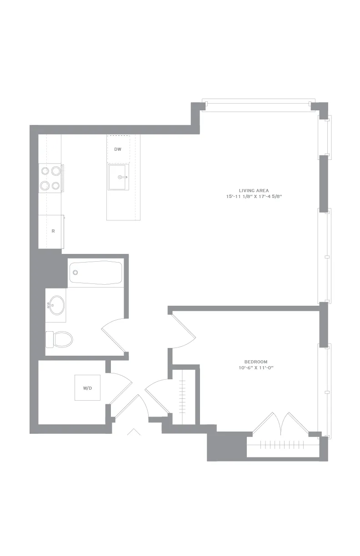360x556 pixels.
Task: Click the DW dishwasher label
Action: (x=118, y=149)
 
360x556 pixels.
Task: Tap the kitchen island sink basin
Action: (x=119, y=177)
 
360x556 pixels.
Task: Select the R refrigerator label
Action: (x=53, y=231)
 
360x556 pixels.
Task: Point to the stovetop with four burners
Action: (x=50, y=178)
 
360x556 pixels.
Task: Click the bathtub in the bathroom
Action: (x=96, y=273)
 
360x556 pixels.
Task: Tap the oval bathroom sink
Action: (x=57, y=305)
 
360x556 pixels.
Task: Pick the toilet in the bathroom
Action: (x=59, y=339)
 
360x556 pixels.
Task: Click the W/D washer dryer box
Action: (x=87, y=388)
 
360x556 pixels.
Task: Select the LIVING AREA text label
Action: (x=254, y=191)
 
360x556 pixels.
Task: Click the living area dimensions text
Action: (x=254, y=197)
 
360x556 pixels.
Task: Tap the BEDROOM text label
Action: (x=255, y=362)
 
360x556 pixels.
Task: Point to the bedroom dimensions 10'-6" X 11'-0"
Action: (x=256, y=368)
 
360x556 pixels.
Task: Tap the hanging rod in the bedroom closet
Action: (x=282, y=445)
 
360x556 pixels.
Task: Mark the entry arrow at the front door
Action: (x=134, y=432)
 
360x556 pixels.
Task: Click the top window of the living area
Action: (x=258, y=105)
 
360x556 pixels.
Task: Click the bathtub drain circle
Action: (x=75, y=273)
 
